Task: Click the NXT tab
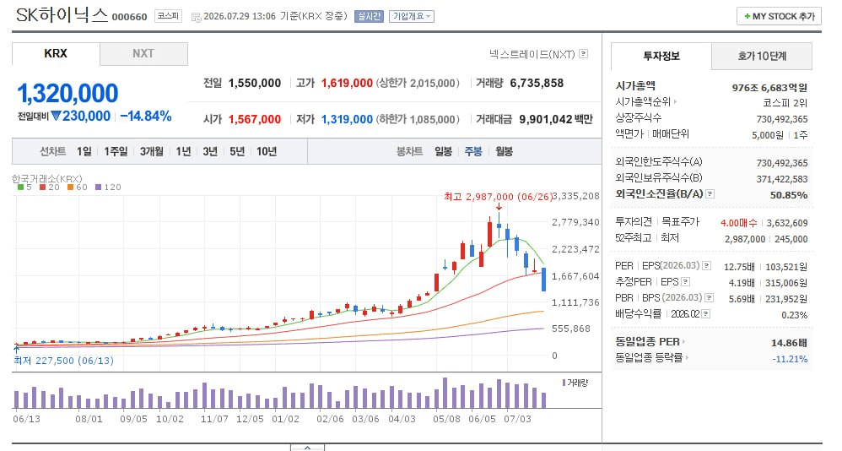coord(143,54)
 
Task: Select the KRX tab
coord(56,54)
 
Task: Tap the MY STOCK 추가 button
coord(780,17)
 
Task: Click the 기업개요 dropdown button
coord(412,17)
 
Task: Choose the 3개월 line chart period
coord(151,151)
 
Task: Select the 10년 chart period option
coord(267,151)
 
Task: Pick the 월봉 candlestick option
coord(504,151)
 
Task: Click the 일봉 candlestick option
coord(443,151)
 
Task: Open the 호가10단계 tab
coord(762,56)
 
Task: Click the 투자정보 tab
coord(661,56)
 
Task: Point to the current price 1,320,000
coord(67,93)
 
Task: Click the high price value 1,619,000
coord(347,84)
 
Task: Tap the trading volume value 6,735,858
coord(537,84)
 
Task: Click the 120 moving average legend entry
coord(109,187)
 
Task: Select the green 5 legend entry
coord(24,187)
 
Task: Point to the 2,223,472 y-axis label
coord(575,249)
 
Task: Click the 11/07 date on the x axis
coord(214,419)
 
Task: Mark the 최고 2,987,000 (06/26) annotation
coord(498,197)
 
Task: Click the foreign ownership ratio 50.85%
coord(788,195)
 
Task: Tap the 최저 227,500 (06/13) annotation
coord(64,361)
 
